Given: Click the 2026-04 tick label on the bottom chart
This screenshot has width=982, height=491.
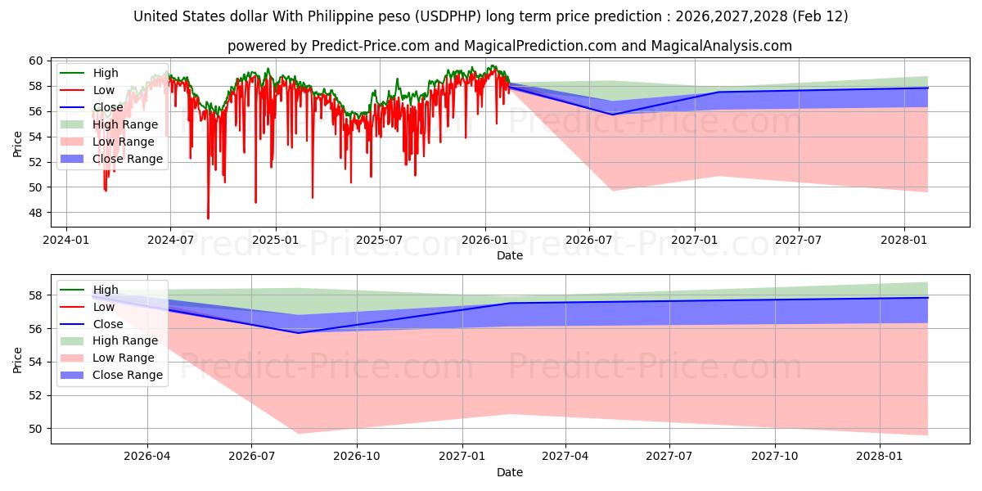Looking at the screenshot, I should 147,456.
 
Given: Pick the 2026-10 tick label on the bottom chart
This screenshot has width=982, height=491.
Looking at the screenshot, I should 358,456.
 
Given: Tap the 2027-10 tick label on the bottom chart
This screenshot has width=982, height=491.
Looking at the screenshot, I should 775,456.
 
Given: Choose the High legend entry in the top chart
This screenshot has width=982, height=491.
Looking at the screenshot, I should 106,73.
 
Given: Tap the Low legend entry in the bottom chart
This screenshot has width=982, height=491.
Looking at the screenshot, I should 104,307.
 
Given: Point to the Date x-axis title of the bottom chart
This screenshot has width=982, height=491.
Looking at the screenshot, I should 509,472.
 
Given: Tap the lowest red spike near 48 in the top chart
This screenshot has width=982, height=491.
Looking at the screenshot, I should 208,218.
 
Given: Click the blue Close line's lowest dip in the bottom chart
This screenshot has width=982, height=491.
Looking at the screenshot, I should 298,332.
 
